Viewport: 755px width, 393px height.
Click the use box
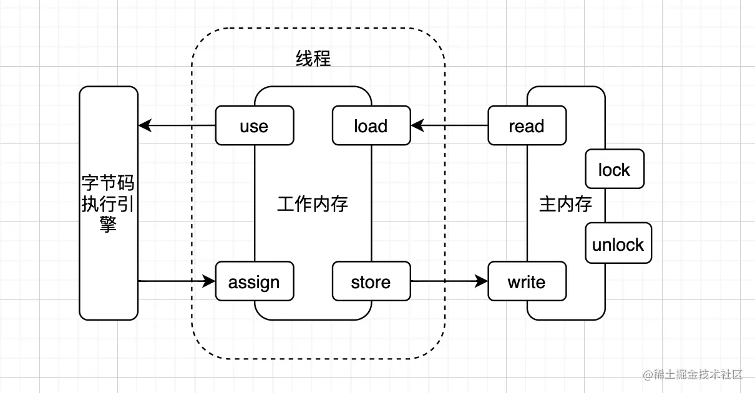254,126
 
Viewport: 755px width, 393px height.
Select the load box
371,126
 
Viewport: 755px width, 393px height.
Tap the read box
527,126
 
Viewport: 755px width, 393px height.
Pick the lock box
614,169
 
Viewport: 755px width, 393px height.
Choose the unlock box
618,244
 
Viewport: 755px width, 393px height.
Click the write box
527,282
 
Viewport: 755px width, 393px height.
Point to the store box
371,282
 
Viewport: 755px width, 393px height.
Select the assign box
254,282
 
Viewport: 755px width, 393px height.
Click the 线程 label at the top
313,59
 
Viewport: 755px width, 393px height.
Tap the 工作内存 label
313,204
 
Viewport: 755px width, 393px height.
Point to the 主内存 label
565,204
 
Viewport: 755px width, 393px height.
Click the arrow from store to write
449,281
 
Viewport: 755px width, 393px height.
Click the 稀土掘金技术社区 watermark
693,375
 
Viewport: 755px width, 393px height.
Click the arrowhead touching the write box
481,281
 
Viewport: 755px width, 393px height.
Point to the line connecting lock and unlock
605,205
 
